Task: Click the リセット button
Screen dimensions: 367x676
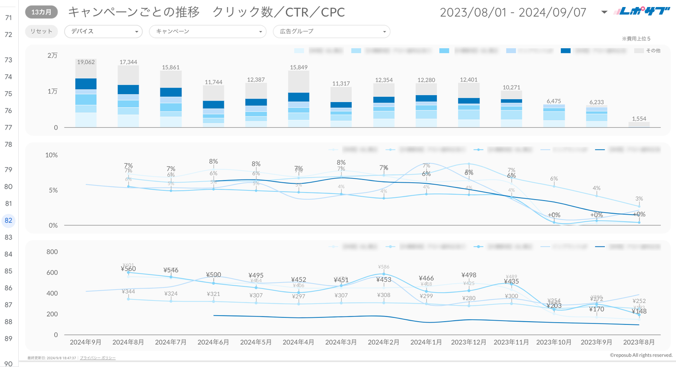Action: pyautogui.click(x=41, y=31)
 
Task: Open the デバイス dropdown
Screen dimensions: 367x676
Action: pyautogui.click(x=103, y=31)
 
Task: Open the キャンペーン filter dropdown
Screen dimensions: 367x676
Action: pyautogui.click(x=207, y=31)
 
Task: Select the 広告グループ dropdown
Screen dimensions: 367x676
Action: pyautogui.click(x=331, y=31)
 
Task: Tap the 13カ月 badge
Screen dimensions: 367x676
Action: pyautogui.click(x=41, y=12)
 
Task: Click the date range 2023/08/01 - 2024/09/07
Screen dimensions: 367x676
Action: pyautogui.click(x=513, y=12)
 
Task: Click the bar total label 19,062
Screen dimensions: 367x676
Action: pyautogui.click(x=86, y=62)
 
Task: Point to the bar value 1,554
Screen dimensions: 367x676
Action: pyautogui.click(x=639, y=119)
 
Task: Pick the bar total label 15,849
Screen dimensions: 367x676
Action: pyautogui.click(x=298, y=67)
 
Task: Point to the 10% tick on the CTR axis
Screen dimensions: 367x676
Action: pyautogui.click(x=51, y=155)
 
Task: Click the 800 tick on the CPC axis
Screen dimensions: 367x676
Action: pyautogui.click(x=52, y=252)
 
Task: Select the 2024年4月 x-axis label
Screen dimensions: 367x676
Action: pyautogui.click(x=298, y=342)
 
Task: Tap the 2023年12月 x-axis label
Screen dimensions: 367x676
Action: pyautogui.click(x=468, y=342)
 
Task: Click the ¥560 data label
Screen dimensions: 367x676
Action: pyautogui.click(x=128, y=269)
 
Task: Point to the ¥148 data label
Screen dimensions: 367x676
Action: pyautogui.click(x=639, y=311)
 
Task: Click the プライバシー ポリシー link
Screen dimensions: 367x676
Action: pyautogui.click(x=98, y=358)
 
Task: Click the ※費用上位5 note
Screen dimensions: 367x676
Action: pyautogui.click(x=636, y=39)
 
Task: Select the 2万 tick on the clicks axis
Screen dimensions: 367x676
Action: pyautogui.click(x=52, y=55)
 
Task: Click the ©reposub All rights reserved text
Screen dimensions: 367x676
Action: pyautogui.click(x=641, y=355)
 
